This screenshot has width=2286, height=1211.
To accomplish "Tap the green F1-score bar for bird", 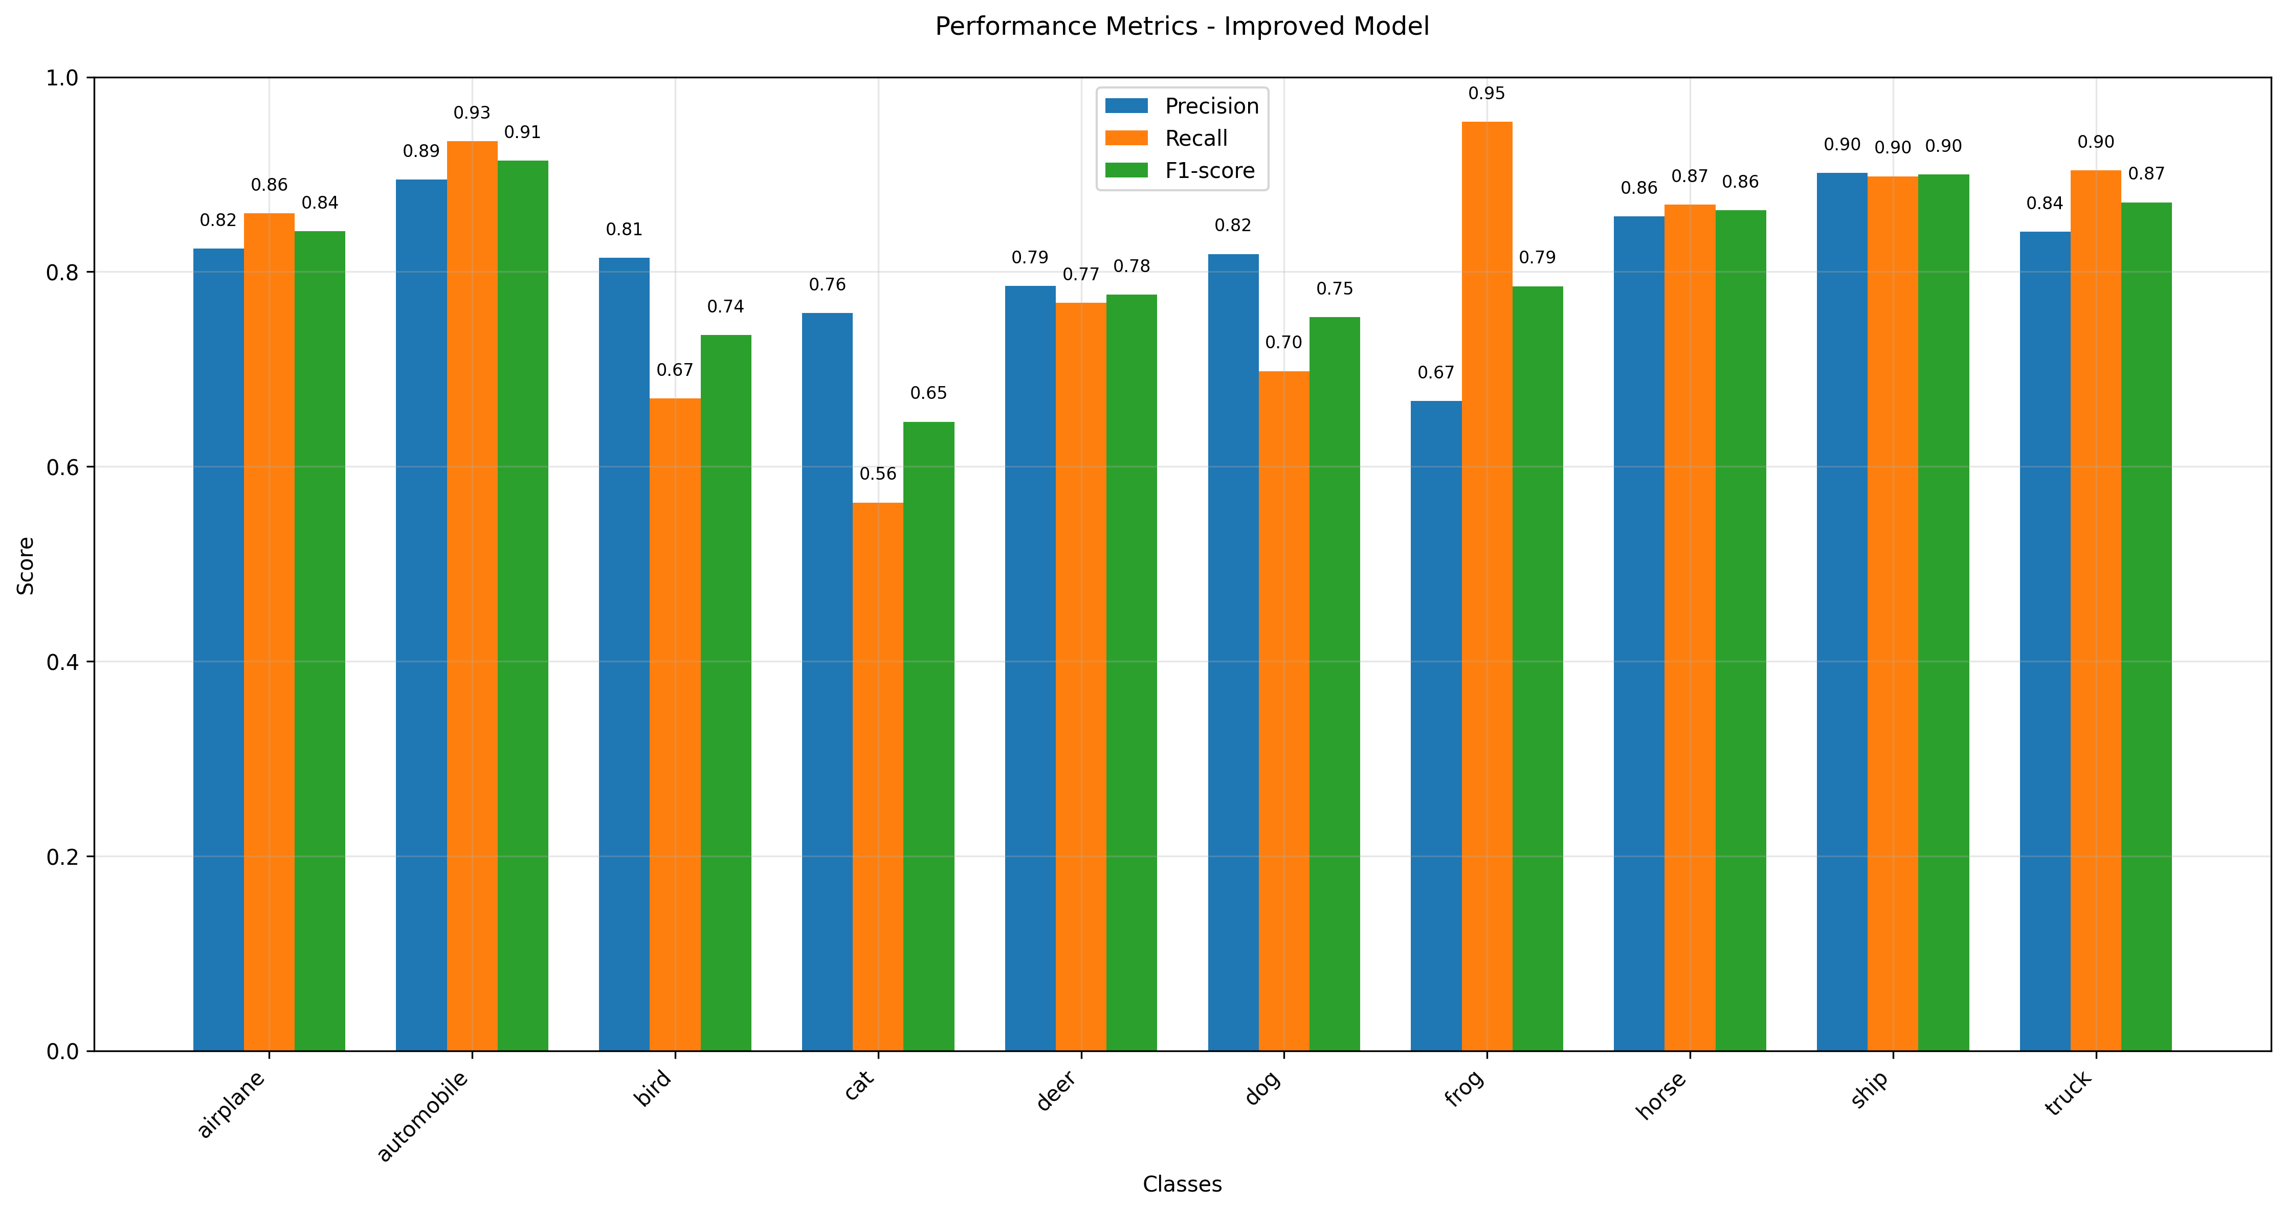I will [726, 692].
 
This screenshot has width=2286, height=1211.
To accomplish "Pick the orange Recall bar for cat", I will [878, 776].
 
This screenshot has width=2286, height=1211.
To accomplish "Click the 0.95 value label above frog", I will [1486, 93].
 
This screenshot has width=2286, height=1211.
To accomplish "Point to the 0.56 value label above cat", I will [878, 474].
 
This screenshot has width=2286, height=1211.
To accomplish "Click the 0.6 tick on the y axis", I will [62, 467].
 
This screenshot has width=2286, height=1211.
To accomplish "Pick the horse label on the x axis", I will [1661, 1095].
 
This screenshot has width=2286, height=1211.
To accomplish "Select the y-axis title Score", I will [27, 565].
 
